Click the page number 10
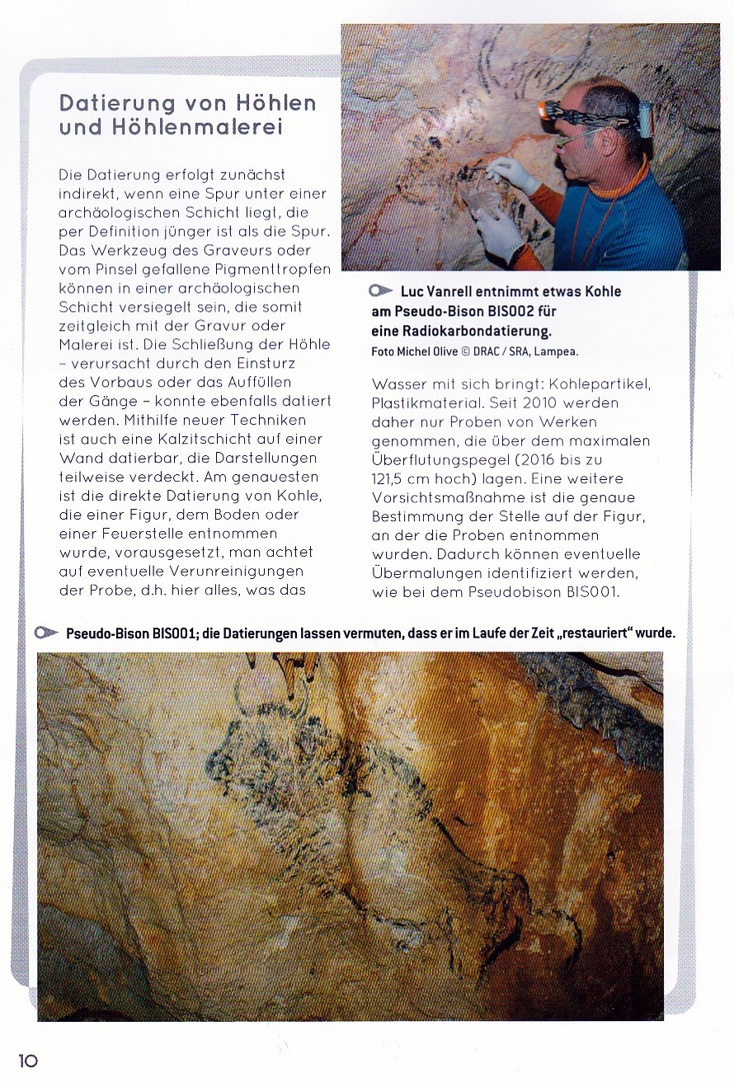[28, 1061]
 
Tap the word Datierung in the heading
[117, 103]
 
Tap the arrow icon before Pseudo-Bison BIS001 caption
[47, 633]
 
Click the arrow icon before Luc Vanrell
[381, 291]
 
